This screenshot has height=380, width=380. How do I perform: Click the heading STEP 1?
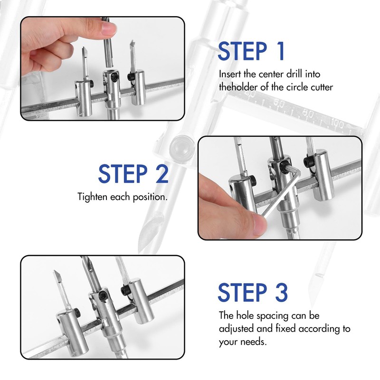point(251,51)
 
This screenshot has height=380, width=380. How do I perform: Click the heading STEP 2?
point(133,174)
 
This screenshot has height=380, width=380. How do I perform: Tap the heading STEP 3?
point(253,292)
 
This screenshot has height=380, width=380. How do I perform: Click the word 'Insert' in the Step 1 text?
point(230,74)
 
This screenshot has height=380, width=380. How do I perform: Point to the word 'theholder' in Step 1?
point(238,87)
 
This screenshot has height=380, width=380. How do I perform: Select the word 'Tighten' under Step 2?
point(93,197)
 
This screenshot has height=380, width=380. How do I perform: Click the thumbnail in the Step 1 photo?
point(109,29)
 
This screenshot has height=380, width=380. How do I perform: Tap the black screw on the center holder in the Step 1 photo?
point(114,77)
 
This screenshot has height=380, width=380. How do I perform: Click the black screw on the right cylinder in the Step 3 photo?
point(124,290)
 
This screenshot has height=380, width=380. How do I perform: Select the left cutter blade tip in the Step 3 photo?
point(55,271)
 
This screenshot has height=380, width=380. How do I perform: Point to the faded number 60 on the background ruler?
point(279,104)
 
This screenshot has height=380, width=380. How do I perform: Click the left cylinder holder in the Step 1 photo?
point(84,98)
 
